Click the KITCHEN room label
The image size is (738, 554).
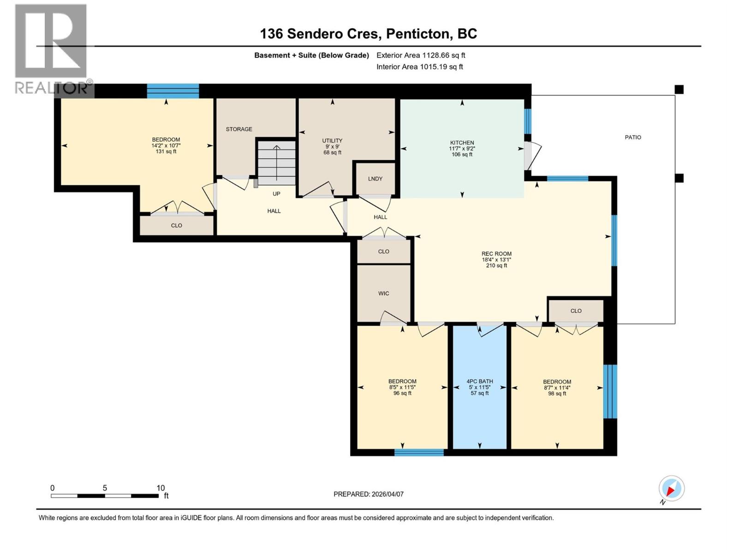tap(462, 143)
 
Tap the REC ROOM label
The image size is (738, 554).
tap(496, 254)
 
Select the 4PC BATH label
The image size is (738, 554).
tap(480, 381)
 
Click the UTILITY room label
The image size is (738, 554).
tap(332, 141)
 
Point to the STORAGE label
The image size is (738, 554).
tap(239, 129)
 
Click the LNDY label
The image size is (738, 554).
tap(375, 179)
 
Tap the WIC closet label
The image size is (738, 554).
tap(383, 293)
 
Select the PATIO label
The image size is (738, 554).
tap(633, 137)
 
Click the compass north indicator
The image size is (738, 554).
tap(671, 488)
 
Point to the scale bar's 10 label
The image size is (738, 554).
tap(161, 488)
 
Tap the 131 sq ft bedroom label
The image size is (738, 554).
tap(166, 140)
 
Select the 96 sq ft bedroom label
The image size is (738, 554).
tap(402, 382)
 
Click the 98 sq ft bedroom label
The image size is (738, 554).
tap(557, 382)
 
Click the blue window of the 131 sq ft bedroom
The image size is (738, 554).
tap(173, 91)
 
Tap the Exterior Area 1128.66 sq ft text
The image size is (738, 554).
tap(421, 55)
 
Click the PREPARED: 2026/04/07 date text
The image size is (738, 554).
tap(369, 494)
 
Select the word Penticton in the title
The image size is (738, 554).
tap(417, 34)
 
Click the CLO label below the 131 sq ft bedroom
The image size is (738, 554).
tap(176, 225)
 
